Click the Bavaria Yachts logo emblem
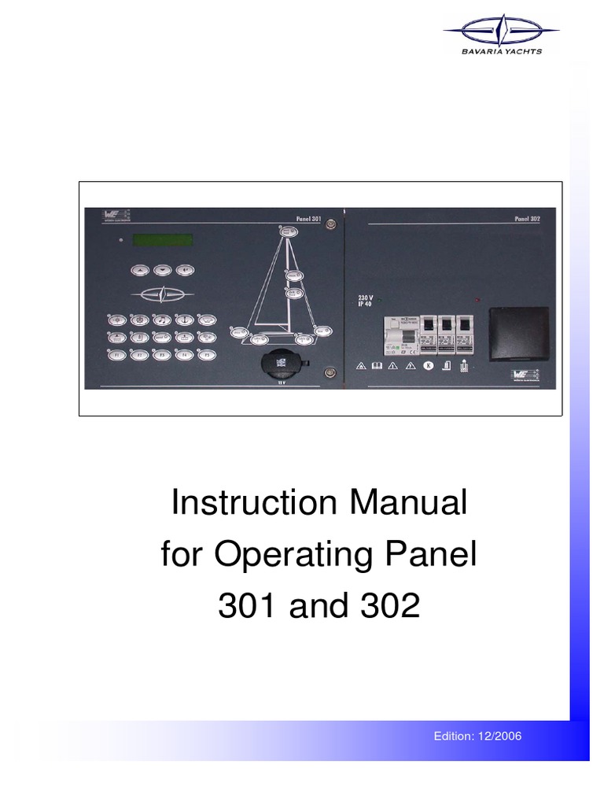[500, 33]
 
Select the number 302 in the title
[382, 606]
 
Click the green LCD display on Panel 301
[162, 239]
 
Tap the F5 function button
[204, 356]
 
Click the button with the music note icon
[161, 320]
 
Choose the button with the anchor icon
[183, 320]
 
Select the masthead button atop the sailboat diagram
[288, 231]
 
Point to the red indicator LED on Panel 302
[477, 301]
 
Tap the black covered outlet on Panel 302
[515, 335]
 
